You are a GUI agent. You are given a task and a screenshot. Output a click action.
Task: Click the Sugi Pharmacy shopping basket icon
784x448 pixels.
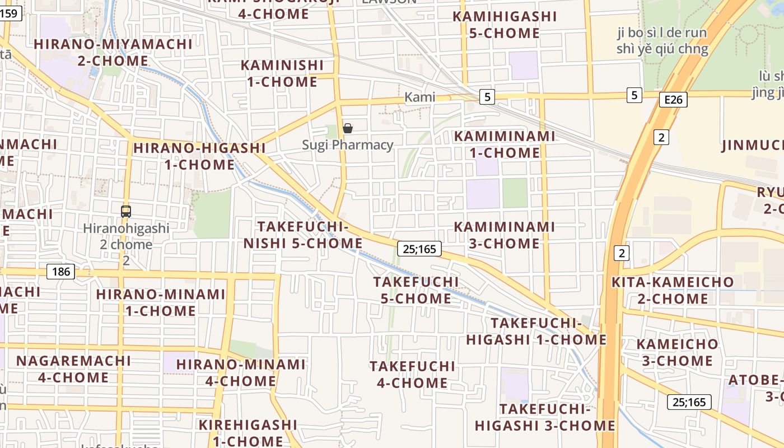[x=348, y=129]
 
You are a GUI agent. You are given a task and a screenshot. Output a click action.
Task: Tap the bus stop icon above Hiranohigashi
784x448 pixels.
[x=126, y=212]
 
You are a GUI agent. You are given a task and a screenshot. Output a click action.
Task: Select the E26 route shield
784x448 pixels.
[x=673, y=100]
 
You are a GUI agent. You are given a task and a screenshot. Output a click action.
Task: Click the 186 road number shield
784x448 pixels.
[x=60, y=272]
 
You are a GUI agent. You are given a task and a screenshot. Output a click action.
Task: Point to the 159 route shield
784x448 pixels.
[x=10, y=13]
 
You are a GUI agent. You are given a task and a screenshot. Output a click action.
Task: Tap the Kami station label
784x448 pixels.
[x=419, y=97]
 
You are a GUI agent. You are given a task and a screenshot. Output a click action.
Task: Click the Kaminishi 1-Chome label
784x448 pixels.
[x=282, y=73]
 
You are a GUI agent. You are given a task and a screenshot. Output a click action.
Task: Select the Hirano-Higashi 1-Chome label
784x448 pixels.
[x=199, y=156]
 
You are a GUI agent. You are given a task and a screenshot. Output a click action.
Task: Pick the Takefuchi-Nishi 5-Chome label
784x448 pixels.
[x=303, y=235]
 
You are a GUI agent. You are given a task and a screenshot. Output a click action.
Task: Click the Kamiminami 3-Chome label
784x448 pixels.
[x=504, y=235]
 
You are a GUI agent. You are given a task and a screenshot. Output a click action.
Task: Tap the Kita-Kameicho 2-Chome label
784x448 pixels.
[x=673, y=290]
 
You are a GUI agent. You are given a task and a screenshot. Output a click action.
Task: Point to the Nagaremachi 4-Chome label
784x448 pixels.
[x=73, y=369]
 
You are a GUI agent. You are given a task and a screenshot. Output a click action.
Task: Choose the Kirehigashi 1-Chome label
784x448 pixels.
[x=248, y=433]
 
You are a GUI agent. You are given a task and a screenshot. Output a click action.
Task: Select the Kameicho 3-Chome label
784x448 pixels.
[x=677, y=352]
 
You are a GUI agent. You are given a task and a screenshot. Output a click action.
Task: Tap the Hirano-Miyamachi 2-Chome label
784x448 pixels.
[x=113, y=52]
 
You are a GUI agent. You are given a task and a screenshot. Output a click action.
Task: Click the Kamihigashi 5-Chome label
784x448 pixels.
[x=505, y=25]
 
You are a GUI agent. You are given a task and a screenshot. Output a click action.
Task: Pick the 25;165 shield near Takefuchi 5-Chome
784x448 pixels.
[x=419, y=249]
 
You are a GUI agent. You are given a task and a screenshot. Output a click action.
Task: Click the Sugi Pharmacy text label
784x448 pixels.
[x=348, y=145]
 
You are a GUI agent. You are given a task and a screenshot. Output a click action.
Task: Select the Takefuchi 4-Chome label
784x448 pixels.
[x=412, y=375]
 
